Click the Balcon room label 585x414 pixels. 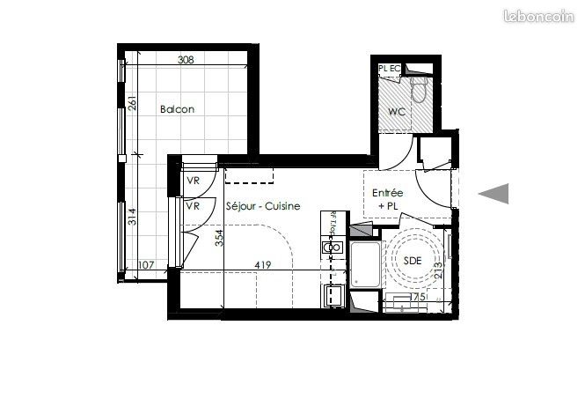coord(177,109)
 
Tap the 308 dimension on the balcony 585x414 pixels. coord(186,59)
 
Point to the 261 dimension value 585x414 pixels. coord(133,103)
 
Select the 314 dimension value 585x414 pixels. coord(133,217)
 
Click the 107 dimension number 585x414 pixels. coord(146,265)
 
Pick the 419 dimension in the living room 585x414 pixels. coord(263,265)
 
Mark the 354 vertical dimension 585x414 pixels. coord(220,238)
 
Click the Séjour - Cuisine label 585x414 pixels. coord(263,206)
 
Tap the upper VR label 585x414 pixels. coord(193,181)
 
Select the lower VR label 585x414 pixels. coord(193,206)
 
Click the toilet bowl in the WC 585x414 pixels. coord(418,90)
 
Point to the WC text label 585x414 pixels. coord(397,112)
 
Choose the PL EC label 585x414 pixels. coord(389,69)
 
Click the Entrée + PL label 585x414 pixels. coord(388,199)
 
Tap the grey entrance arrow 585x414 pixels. coord(494,194)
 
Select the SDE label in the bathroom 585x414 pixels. coord(413,261)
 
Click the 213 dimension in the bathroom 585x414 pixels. coord(438,270)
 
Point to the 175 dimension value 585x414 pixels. coord(418,297)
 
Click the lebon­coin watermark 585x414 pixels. coord(538,16)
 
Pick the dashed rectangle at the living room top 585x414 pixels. coord(249,175)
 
